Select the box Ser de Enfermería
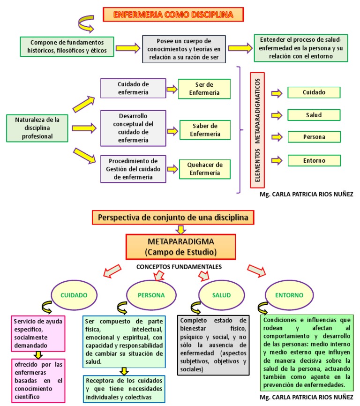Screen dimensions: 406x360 click(x=204, y=89)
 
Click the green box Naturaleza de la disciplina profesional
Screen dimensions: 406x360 click(x=37, y=128)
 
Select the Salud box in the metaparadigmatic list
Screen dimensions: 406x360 click(x=314, y=115)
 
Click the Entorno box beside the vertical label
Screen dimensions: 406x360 click(x=314, y=160)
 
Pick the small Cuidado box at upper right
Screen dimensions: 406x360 click(x=314, y=92)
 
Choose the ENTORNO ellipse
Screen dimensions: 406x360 click(x=290, y=295)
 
